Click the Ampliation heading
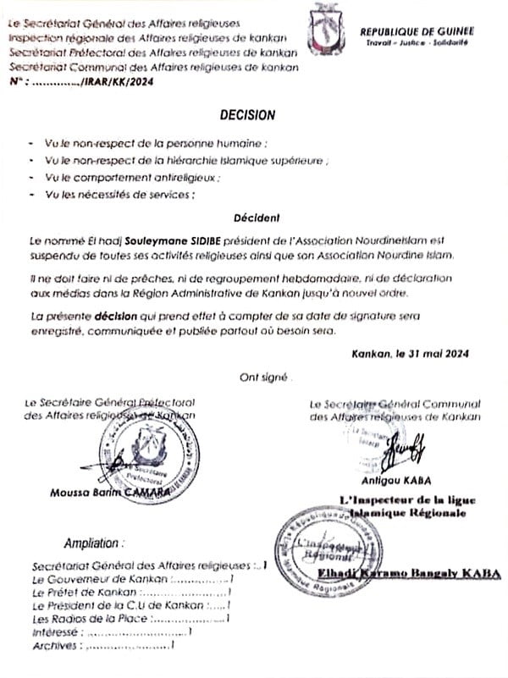[x=94, y=543]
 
